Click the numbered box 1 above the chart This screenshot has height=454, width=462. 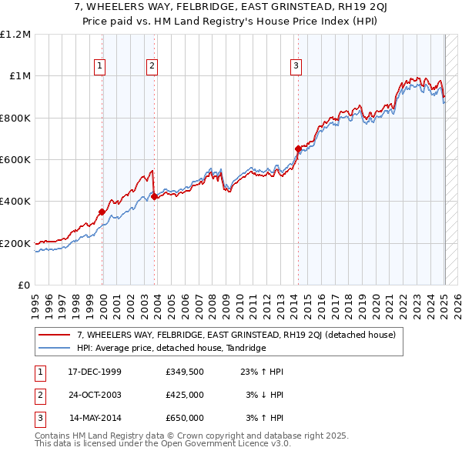pyautogui.click(x=100, y=67)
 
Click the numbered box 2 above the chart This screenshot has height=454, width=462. pyautogui.click(x=152, y=67)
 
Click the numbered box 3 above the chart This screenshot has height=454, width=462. pyautogui.click(x=296, y=67)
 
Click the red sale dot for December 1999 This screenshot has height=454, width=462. pyautogui.click(x=102, y=212)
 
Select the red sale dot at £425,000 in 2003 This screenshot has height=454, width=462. pyautogui.click(x=154, y=196)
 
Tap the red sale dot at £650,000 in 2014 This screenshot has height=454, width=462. pyautogui.click(x=298, y=149)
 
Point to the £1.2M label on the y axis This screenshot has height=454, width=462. pyautogui.click(x=15, y=35)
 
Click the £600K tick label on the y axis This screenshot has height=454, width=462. pyautogui.click(x=15, y=160)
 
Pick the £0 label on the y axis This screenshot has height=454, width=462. pyautogui.click(x=23, y=285)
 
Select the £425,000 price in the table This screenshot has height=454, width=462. pyautogui.click(x=185, y=395)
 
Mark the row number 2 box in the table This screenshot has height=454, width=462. pyautogui.click(x=38, y=395)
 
